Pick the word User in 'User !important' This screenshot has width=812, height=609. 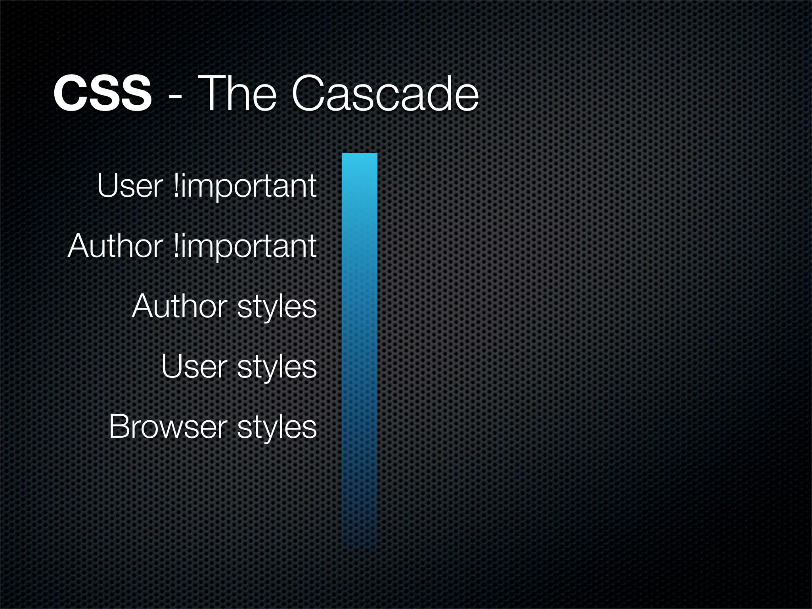click(129, 186)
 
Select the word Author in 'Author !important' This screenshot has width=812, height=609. click(115, 246)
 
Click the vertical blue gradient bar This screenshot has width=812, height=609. click(360, 349)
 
